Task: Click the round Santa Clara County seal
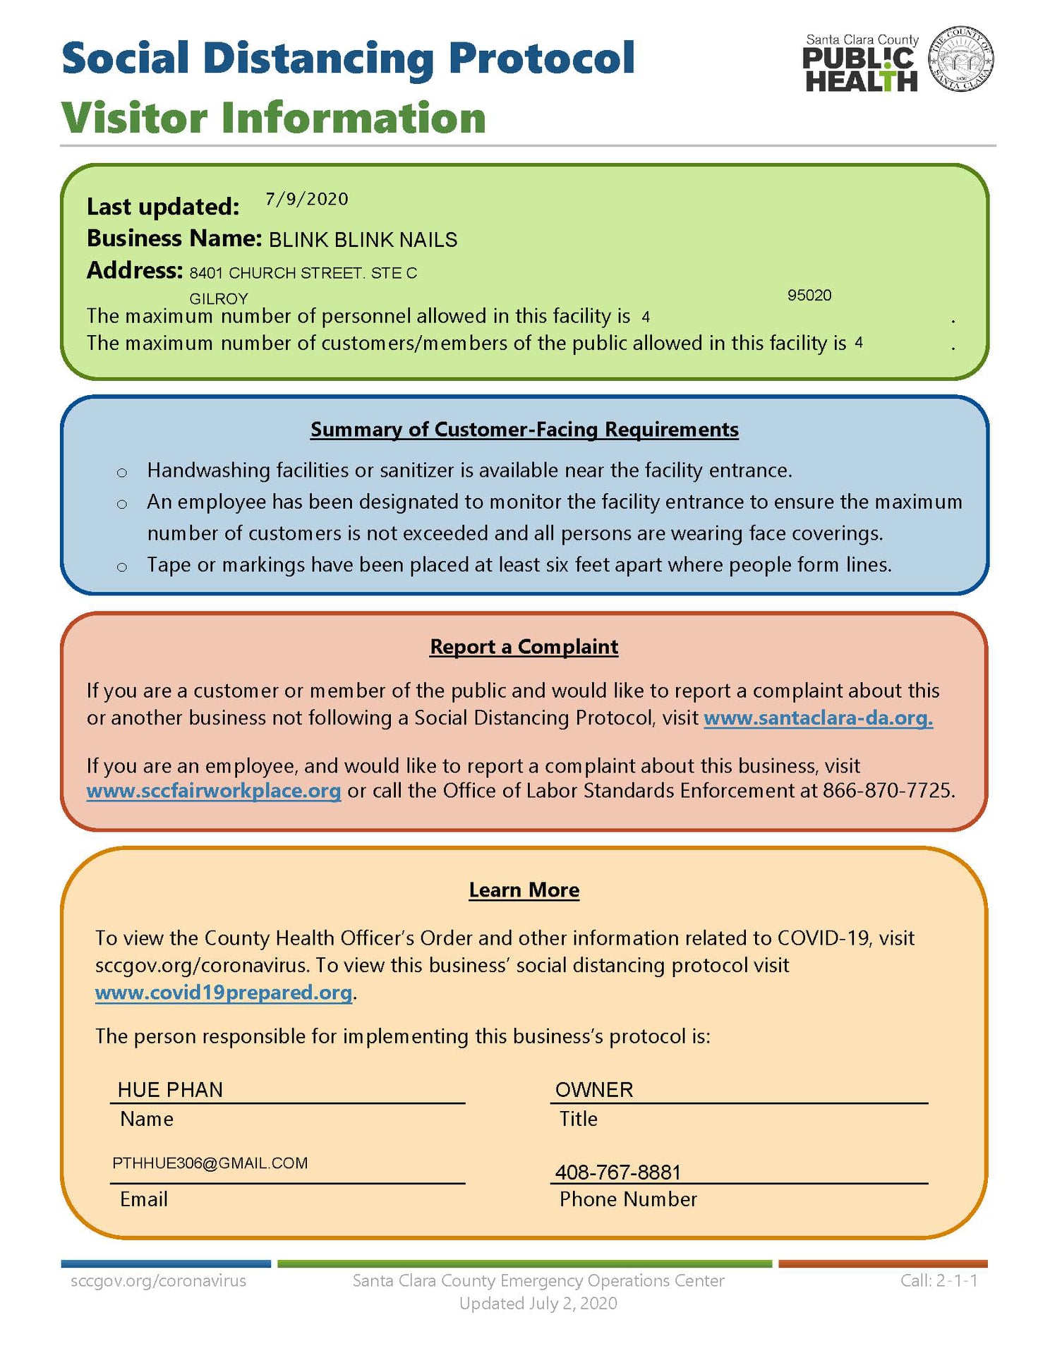point(960,60)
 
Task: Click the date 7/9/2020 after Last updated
point(306,199)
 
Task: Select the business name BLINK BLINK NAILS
point(363,240)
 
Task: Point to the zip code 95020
point(809,295)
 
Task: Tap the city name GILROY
point(219,298)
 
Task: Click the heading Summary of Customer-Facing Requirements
point(524,429)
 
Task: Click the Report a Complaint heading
point(524,646)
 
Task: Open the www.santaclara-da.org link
point(818,717)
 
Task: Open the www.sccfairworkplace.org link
point(214,790)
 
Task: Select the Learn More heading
point(524,890)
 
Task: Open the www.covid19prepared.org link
point(224,992)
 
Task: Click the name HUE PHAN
point(170,1089)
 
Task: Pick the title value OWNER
point(594,1089)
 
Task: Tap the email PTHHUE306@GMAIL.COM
point(210,1163)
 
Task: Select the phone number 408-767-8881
point(618,1172)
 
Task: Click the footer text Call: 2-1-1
point(939,1280)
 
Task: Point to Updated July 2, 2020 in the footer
point(538,1303)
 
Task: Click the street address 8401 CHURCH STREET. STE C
point(303,273)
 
